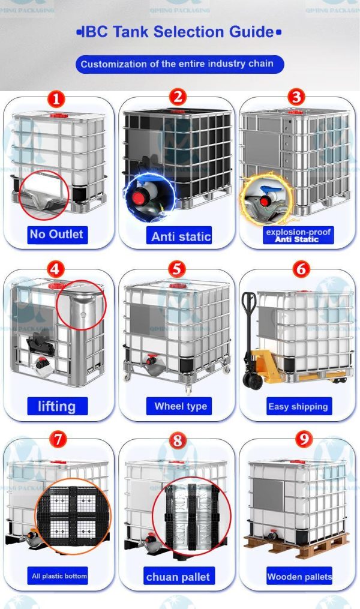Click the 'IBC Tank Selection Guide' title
coord(179,32)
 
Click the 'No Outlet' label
coord(56,234)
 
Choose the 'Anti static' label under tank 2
coord(181,236)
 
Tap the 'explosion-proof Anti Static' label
coord(298,235)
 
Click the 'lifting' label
coord(56,406)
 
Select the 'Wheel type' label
coord(181,406)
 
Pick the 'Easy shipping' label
coord(298,406)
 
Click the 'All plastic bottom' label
coord(59,576)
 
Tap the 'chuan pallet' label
coord(178,577)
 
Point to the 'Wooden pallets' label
coord(299,577)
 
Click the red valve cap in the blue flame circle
coord(141,196)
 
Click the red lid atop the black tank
coord(178,110)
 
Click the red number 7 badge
coord(57,440)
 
